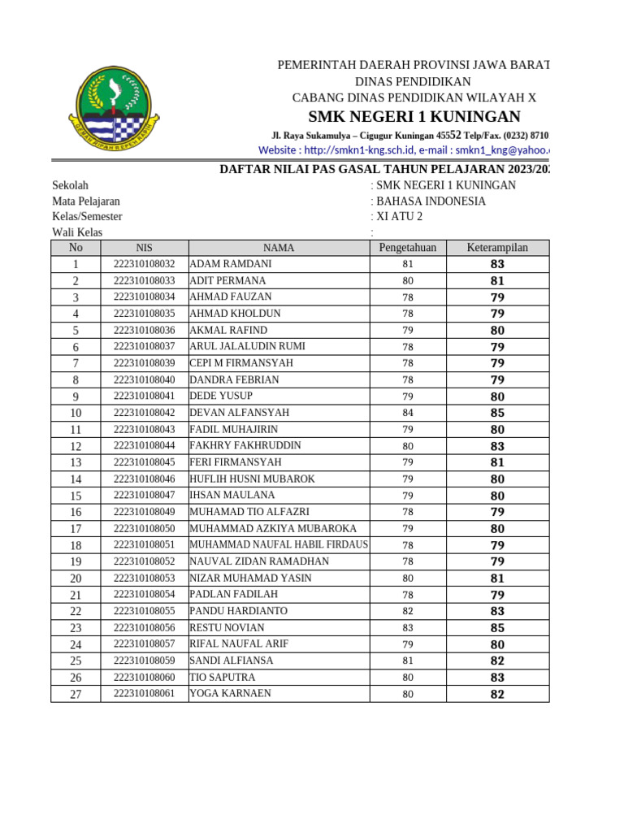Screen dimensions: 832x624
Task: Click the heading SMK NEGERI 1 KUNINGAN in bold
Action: point(414,115)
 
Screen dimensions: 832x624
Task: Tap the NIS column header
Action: point(144,248)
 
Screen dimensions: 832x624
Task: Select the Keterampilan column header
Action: point(497,248)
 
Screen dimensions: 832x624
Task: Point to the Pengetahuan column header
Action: point(407,248)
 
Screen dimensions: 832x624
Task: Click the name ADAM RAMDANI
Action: point(231,264)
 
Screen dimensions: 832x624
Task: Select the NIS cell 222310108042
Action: point(144,413)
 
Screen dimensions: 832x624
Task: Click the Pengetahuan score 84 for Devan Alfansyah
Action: point(407,413)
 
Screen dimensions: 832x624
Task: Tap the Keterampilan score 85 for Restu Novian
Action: point(497,628)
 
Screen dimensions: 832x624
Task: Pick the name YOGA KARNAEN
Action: point(230,694)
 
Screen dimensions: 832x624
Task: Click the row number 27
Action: point(76,694)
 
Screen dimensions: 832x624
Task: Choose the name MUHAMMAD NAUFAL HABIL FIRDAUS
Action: point(279,545)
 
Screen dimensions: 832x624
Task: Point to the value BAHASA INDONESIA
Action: point(431,201)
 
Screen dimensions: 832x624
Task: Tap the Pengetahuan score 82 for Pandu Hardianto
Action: point(407,611)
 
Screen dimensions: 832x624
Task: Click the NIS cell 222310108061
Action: point(144,694)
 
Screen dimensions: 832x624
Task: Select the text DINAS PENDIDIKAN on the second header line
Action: point(413,81)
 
